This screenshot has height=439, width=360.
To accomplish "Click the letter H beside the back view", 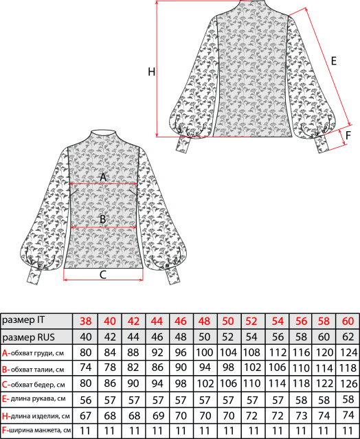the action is tap(151, 72).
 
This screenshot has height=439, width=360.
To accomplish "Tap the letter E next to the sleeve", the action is tap(334, 61).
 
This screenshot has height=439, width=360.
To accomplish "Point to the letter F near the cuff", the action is tap(348, 135).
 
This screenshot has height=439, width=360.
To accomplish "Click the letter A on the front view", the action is tap(103, 177).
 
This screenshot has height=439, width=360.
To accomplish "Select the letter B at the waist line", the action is tap(103, 219).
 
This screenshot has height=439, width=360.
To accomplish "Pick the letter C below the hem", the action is tap(103, 275).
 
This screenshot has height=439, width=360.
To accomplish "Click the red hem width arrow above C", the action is tap(103, 280).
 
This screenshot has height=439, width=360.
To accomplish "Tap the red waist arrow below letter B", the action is tap(103, 227).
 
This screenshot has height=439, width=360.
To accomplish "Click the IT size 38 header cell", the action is tap(86, 321).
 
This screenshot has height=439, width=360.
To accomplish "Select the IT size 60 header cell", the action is tap(348, 321).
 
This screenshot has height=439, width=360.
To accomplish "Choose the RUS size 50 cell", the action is tap(205, 337).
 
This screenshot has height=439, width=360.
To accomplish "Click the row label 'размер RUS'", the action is tap(28, 337).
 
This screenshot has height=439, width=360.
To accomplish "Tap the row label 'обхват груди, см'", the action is tap(37, 353).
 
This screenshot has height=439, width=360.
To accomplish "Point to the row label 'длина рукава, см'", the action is tap(38, 398).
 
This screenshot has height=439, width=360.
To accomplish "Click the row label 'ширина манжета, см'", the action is tap(40, 430).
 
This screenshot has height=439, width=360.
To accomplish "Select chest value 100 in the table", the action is tap(205, 352).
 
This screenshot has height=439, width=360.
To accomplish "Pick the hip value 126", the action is tap(349, 383).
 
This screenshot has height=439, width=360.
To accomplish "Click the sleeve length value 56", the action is tap(86, 400).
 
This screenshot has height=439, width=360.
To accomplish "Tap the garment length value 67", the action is tap(86, 416).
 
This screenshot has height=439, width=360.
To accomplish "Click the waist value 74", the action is tap(86, 367).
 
